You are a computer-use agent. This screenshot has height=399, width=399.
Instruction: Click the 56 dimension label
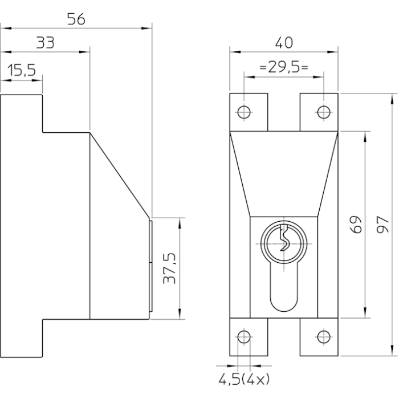(x=76, y=19)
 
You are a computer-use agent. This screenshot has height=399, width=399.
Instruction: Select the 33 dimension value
(x=45, y=43)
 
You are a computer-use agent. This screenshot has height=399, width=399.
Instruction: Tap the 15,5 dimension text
(x=22, y=71)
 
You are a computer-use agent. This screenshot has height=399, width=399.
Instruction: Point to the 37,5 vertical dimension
(x=169, y=268)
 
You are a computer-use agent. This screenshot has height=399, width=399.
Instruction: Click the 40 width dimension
(x=284, y=43)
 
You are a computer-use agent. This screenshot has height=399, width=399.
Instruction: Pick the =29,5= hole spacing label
(x=284, y=67)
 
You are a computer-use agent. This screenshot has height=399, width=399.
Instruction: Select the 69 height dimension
(x=356, y=225)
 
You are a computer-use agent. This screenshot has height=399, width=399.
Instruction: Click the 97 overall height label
(x=382, y=225)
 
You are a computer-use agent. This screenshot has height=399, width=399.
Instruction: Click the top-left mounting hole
(x=244, y=112)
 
